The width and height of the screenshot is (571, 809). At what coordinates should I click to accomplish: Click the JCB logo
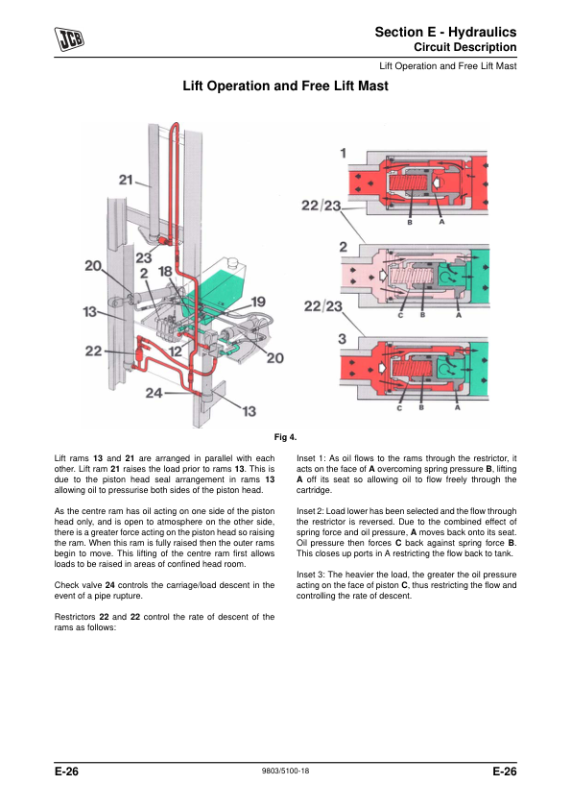pos(69,39)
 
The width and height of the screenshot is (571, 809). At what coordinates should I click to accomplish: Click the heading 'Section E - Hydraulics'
pos(445,32)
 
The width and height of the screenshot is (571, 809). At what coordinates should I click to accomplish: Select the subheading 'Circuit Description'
pos(464,47)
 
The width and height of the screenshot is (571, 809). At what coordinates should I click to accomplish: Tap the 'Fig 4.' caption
pos(285,437)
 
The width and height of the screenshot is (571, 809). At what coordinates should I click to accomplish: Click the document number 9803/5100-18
pos(286,771)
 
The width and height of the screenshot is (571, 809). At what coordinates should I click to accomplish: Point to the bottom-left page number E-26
pos(66,772)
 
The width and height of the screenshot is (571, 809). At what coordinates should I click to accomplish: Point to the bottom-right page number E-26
pos(504,772)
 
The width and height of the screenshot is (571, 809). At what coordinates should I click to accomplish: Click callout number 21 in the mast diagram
pos(126,180)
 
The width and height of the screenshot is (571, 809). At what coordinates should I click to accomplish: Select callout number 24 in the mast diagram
pos(154,393)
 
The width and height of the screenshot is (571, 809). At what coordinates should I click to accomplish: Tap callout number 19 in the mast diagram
pos(258,302)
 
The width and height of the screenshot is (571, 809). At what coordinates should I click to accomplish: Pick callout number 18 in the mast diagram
pos(165,271)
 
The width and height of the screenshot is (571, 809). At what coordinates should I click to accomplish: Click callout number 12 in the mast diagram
pos(176,352)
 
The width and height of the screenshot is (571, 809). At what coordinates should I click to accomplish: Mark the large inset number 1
pos(344,153)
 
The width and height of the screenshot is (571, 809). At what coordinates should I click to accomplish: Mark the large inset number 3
pos(343,339)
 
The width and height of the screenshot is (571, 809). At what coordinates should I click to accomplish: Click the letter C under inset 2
pos(400,315)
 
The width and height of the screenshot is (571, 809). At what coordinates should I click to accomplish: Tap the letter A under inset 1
pos(441,222)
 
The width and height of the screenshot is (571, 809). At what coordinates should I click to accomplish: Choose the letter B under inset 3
pos(421,407)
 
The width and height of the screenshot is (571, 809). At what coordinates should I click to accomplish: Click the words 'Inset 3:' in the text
pos(311,575)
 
